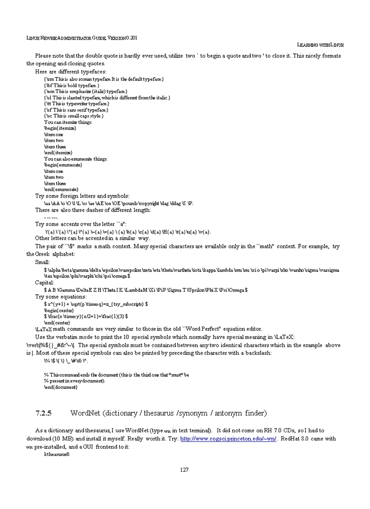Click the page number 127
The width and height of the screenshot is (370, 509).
click(184, 470)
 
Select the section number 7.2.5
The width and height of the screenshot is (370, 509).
click(44, 413)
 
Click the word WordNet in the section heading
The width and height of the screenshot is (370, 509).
click(85, 413)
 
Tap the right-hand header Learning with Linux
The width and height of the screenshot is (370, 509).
click(320, 44)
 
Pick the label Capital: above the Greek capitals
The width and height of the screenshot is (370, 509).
click(45, 282)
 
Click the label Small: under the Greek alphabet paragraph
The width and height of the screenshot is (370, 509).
click(43, 262)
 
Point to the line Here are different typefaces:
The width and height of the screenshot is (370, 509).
click(71, 72)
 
